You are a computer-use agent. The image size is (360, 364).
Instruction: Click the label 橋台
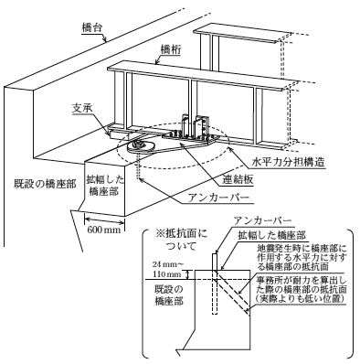(91, 27)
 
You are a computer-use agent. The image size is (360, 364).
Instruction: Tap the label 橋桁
(169, 48)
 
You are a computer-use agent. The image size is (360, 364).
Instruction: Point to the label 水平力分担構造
(287, 162)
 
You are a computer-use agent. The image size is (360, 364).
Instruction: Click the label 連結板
(238, 179)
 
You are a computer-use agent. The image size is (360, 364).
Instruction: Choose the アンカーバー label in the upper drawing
(218, 198)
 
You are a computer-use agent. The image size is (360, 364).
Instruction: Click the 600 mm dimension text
(104, 230)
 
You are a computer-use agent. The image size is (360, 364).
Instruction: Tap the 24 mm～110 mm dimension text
(168, 269)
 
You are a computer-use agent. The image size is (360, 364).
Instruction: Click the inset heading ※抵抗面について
(180, 240)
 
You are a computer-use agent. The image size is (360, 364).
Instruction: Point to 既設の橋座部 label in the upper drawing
(45, 184)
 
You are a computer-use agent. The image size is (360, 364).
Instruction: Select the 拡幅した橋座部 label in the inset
(272, 235)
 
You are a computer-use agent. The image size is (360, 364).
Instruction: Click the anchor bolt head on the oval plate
(139, 144)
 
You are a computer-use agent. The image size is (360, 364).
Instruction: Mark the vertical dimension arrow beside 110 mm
(188, 274)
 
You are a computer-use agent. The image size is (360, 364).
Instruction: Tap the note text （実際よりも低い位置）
(300, 299)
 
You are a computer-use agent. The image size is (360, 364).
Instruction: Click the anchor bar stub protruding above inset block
(215, 262)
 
